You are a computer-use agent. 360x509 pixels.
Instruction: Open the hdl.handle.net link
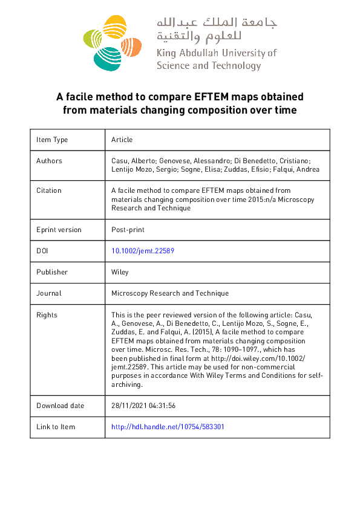coord(168,427)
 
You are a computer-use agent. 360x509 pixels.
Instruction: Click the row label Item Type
coord(52,140)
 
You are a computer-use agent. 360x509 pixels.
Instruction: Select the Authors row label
coord(49,161)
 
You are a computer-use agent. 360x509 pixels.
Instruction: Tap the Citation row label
coord(49,190)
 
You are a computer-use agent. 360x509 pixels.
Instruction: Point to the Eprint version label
coord(59,230)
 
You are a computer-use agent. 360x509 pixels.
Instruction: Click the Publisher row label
coord(52,272)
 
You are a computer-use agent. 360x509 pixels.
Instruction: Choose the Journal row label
coord(49,293)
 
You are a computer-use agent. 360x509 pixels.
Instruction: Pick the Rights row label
coord(47,315)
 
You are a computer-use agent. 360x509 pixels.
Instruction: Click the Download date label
coord(61,406)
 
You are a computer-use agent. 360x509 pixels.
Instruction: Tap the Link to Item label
coord(56,427)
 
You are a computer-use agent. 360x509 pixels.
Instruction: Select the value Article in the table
coord(122,140)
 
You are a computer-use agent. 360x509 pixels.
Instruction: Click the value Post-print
coord(128,230)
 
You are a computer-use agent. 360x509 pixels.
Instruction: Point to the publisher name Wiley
coord(120,272)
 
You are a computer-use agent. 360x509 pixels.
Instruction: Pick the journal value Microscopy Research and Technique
coord(170,293)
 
